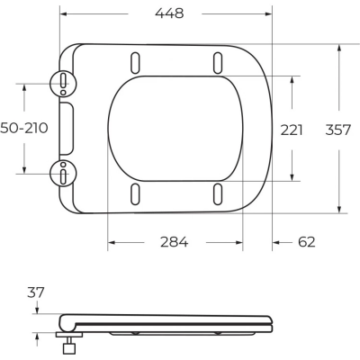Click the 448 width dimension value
point(168,13)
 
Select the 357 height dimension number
point(338,129)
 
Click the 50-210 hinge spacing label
point(23,129)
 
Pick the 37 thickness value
point(36,292)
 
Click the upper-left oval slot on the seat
point(135,62)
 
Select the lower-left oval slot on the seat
point(135,193)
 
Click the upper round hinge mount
point(63,84)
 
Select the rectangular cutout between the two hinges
point(66,128)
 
